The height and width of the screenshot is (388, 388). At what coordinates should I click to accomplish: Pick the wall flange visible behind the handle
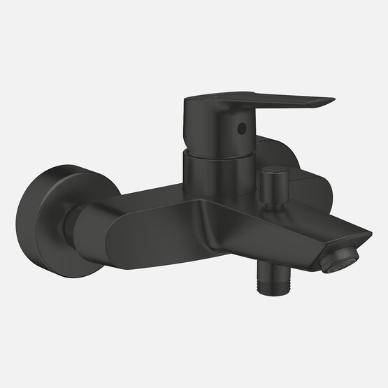[283, 154]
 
